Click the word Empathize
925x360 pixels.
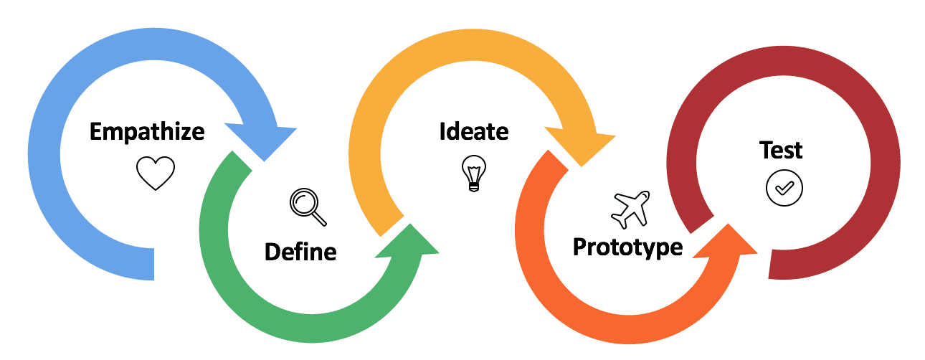point(147,132)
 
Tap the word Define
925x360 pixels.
point(300,252)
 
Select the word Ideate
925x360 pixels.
point(473,132)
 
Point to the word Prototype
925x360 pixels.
point(627,247)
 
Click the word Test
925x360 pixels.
point(781,151)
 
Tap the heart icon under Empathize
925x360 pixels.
point(156,173)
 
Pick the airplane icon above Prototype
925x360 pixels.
point(630,209)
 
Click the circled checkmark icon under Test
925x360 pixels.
point(784,188)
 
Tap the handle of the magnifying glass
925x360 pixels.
point(318,217)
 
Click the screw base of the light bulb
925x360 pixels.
point(473,185)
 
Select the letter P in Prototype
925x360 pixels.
point(580,247)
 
